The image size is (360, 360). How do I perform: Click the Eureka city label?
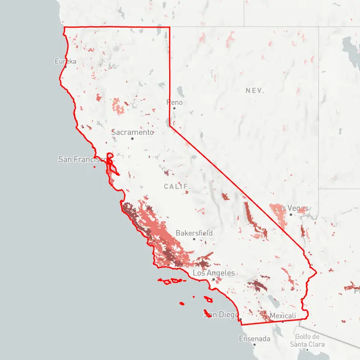point(65,61)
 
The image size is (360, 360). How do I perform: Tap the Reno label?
point(175,102)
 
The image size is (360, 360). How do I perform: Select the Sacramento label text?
point(132,132)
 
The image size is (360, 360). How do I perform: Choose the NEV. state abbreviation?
point(255,91)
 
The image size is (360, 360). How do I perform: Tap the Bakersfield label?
point(194,233)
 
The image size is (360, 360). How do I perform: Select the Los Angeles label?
point(214,273)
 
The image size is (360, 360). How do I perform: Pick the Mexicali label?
point(283,315)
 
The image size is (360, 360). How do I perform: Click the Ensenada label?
point(254,339)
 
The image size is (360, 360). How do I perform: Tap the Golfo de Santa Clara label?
point(307,340)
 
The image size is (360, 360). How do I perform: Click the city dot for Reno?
point(174,108)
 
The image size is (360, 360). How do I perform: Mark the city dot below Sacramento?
point(132,139)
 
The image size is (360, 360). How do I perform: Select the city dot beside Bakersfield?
point(194,239)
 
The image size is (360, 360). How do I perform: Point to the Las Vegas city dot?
point(291,214)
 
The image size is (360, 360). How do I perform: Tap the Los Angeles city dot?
point(213,279)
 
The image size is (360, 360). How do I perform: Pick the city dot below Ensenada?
point(254,345)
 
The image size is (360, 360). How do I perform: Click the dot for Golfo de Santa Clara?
point(307,350)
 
